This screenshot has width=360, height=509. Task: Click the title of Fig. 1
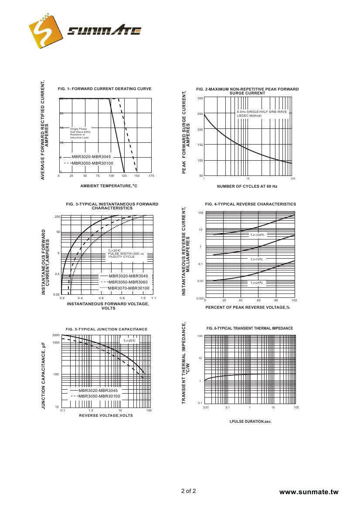pos(105,89)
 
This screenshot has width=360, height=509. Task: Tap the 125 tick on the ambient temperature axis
pos(124,176)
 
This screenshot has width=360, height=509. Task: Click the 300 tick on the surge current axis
pos(200,98)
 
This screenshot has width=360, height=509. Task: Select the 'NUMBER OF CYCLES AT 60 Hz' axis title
pos(247,186)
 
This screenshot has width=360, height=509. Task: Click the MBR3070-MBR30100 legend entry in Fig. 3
pos(129,288)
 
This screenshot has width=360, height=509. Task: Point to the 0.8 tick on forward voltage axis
pos(122,298)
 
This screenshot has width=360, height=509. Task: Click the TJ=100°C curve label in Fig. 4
pos(257,235)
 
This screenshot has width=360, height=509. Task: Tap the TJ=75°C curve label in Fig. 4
pos(256,259)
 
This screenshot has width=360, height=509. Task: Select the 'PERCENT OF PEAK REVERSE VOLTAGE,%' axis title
pos(248,307)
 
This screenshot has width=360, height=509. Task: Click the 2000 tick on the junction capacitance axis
pos(56,335)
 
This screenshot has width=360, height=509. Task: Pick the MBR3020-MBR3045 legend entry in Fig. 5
pos(98,391)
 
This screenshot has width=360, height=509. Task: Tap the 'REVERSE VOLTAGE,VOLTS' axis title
pos(106,415)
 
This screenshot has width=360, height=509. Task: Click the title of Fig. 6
pos(250,328)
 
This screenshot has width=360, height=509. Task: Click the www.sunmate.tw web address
pos(309,492)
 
